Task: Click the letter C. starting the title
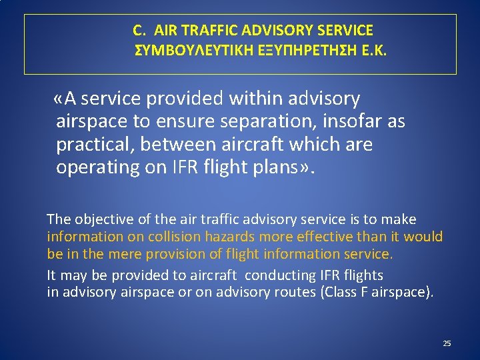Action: pos(139,30)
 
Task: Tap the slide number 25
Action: pos(447,343)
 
